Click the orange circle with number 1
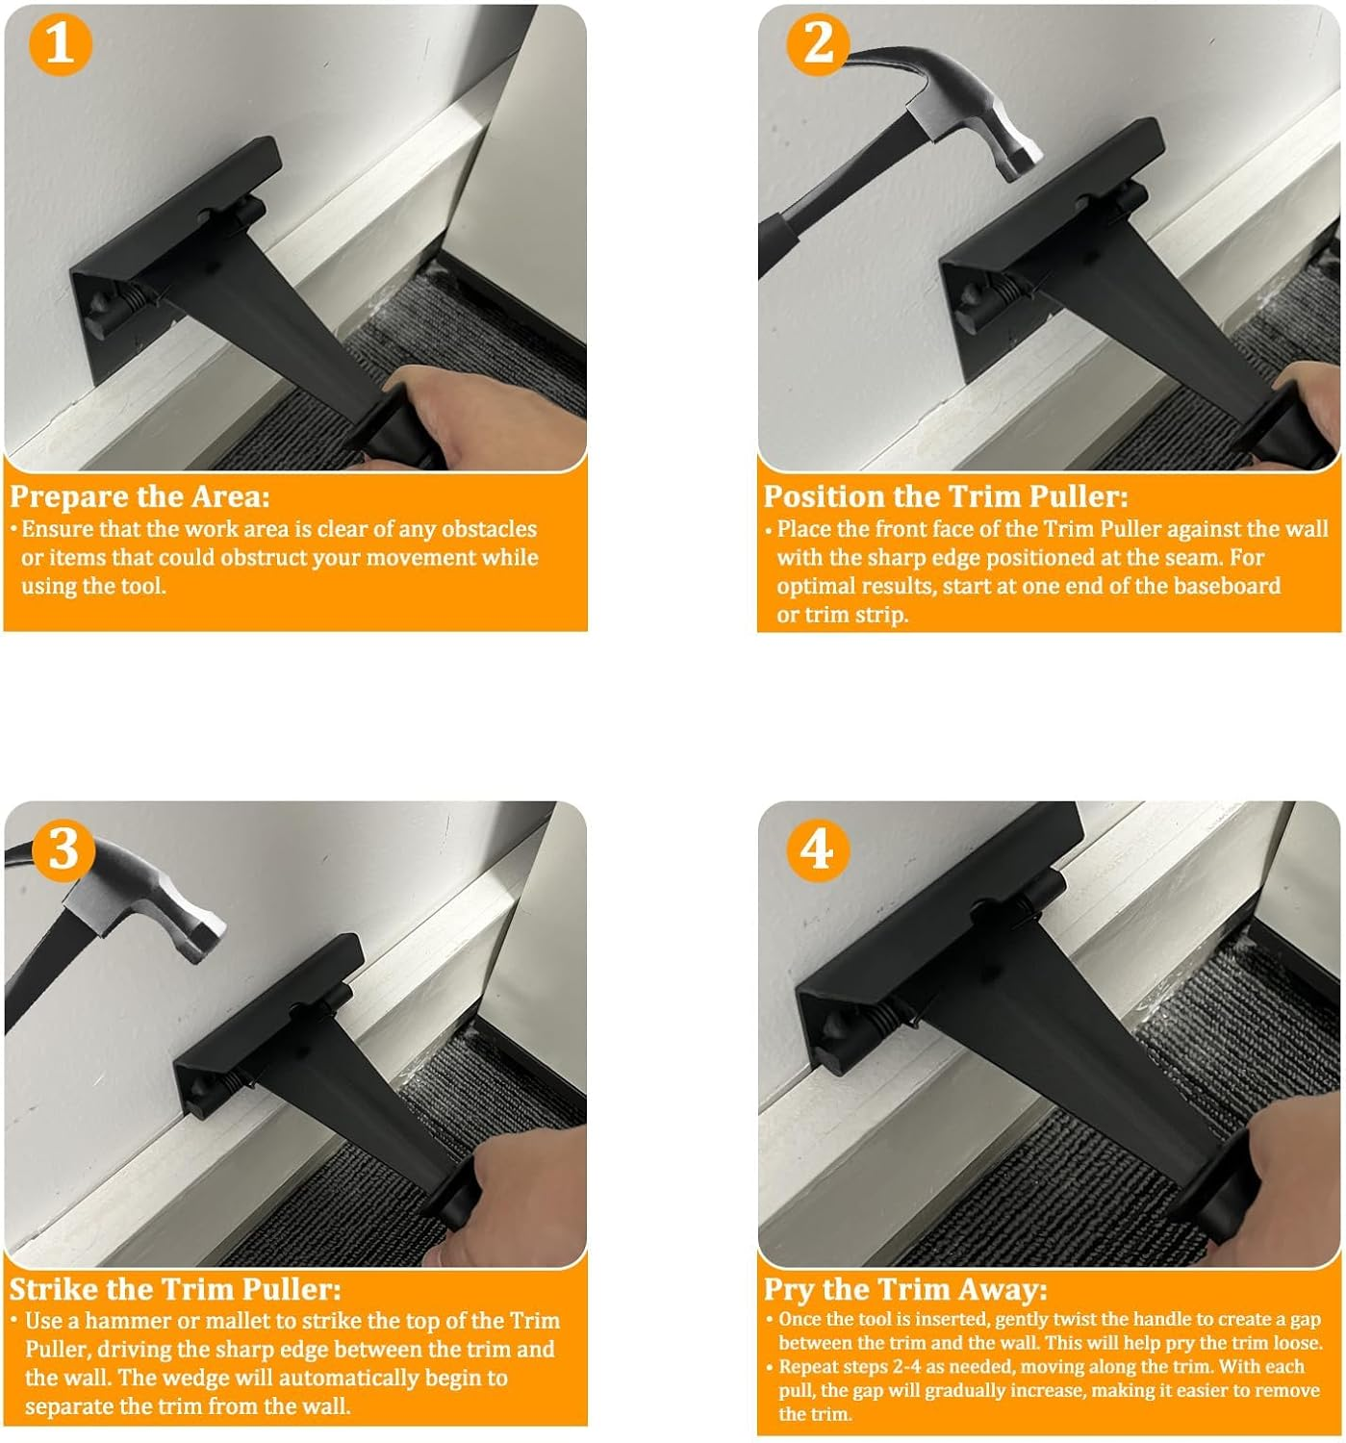60,44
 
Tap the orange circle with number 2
818,44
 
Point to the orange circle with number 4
818,848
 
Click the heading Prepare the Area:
140,496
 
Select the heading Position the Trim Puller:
945,496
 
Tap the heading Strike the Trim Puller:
175,1289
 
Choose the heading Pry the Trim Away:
904,1289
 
